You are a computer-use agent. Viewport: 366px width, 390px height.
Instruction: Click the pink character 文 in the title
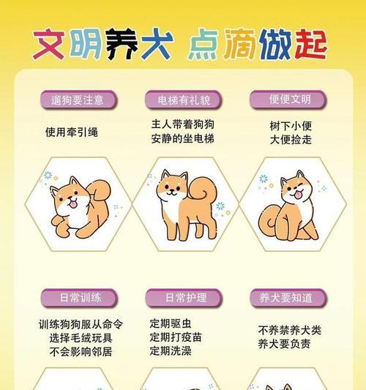coord(49,45)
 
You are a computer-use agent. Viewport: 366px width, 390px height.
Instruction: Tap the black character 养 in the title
coord(122,44)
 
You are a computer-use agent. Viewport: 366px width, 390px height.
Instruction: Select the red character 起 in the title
coord(311,44)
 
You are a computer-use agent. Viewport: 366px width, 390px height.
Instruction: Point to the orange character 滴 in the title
coord(239,44)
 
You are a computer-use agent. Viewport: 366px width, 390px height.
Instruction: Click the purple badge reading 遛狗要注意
coord(78,100)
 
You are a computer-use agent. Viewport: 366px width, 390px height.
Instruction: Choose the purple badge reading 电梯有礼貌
coord(184,100)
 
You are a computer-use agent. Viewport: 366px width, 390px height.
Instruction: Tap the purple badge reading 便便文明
coord(288,100)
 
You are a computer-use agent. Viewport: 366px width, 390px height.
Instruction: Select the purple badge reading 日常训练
coord(79,298)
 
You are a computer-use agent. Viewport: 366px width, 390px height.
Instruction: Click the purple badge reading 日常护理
coord(184,298)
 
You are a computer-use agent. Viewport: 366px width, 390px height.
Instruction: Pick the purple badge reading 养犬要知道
coord(288,298)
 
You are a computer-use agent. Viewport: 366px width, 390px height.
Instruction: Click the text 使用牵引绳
coord(72,132)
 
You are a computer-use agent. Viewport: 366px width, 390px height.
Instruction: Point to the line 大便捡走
coord(291,140)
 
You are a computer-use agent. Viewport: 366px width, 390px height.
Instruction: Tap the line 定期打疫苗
coord(176,337)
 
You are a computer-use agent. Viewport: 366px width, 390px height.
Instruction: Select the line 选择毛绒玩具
coord(81,338)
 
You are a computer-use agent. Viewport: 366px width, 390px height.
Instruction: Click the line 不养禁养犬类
coord(290,330)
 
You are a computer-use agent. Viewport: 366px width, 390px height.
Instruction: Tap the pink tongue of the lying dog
coord(73,204)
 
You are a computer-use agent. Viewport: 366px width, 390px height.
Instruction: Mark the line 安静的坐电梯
coord(182,138)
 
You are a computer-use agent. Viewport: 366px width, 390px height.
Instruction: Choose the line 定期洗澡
coord(171,351)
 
